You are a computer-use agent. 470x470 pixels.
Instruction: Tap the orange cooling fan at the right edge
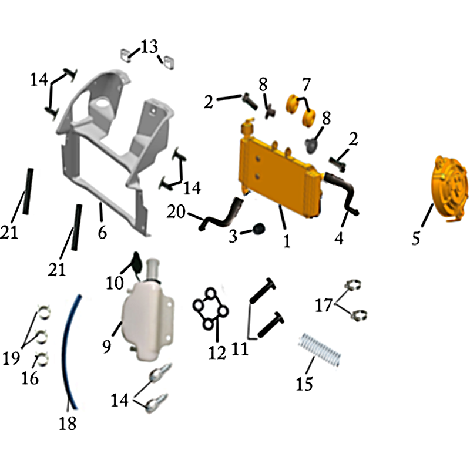pos(449,189)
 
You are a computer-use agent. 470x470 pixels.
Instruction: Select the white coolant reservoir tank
pos(149,318)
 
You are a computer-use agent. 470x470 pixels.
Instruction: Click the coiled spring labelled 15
pos(320,350)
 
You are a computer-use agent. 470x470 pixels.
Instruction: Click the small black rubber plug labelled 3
pos(258,229)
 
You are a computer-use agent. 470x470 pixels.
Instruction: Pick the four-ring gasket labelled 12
pos(210,308)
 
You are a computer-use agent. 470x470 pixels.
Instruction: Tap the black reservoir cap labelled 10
pos(137,261)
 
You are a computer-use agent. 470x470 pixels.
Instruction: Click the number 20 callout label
pos(176,212)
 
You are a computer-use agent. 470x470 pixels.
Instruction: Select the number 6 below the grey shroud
pos(102,232)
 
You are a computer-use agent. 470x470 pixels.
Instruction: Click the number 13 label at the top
pos(149,47)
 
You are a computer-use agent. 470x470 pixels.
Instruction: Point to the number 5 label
pos(416,238)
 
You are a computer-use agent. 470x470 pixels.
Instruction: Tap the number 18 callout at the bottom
pos(68,424)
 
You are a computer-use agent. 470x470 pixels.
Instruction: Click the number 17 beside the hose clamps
pos(324,305)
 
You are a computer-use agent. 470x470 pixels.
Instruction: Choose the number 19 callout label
pos(11,357)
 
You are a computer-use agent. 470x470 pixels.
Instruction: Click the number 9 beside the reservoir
pos(107,346)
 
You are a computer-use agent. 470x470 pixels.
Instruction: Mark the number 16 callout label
pos(30,378)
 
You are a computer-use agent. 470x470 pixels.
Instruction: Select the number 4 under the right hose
pos(339,239)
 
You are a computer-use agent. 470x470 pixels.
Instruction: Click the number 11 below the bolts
pos(240,348)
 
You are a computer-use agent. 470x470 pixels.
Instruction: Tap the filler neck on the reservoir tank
pos(153,269)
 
